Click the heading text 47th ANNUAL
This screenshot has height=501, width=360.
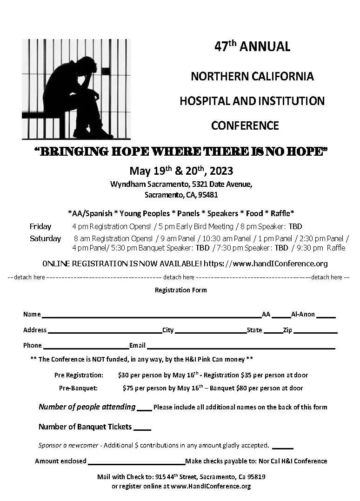pos(252,46)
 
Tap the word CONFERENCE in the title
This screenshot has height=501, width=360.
pos(245,125)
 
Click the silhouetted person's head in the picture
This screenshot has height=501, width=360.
pos(87,65)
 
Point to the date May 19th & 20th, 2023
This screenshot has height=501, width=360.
pos(181,171)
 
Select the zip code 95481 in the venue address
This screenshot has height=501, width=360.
pos(207,195)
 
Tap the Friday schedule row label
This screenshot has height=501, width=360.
pos(40,227)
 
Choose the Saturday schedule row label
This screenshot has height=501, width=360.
pos(45,238)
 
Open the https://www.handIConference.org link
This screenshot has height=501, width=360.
pos(266,264)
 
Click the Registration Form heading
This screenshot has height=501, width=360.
pos(180,290)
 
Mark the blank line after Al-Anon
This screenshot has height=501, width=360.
pos(326,316)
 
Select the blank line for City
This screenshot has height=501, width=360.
pos(210,332)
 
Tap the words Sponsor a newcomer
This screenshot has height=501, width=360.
pos(68,445)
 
